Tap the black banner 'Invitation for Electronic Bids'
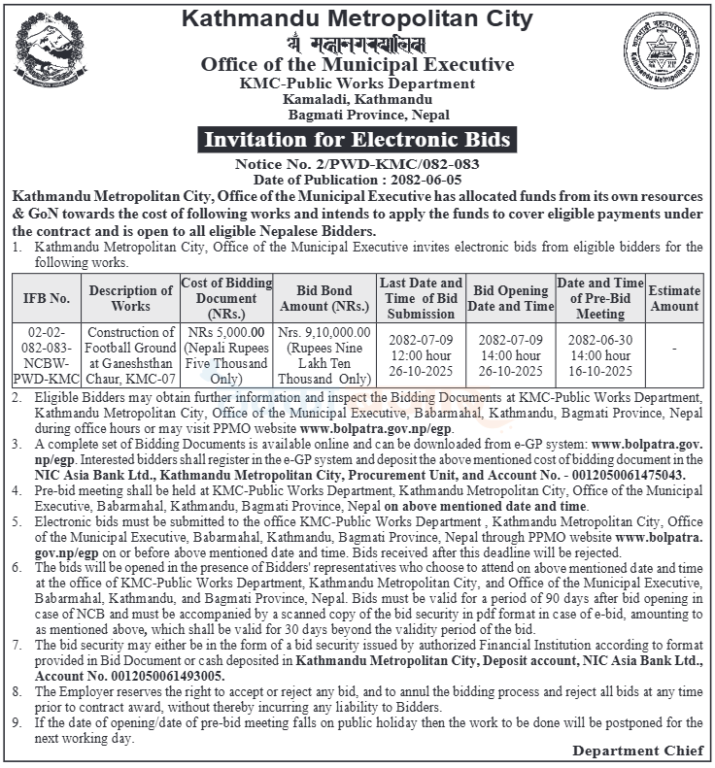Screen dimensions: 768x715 (356, 140)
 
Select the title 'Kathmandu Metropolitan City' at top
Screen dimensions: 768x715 (356, 18)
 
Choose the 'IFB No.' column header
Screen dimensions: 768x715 (47, 298)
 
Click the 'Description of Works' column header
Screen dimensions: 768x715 (130, 298)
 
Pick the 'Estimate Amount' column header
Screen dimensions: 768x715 (674, 298)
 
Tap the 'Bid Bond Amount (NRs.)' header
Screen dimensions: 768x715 (323, 298)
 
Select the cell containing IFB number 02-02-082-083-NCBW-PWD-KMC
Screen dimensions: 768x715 (47, 356)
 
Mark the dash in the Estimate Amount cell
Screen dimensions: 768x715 (674, 349)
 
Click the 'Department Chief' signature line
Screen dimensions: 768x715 (637, 751)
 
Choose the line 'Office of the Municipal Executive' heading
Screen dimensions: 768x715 (356, 65)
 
